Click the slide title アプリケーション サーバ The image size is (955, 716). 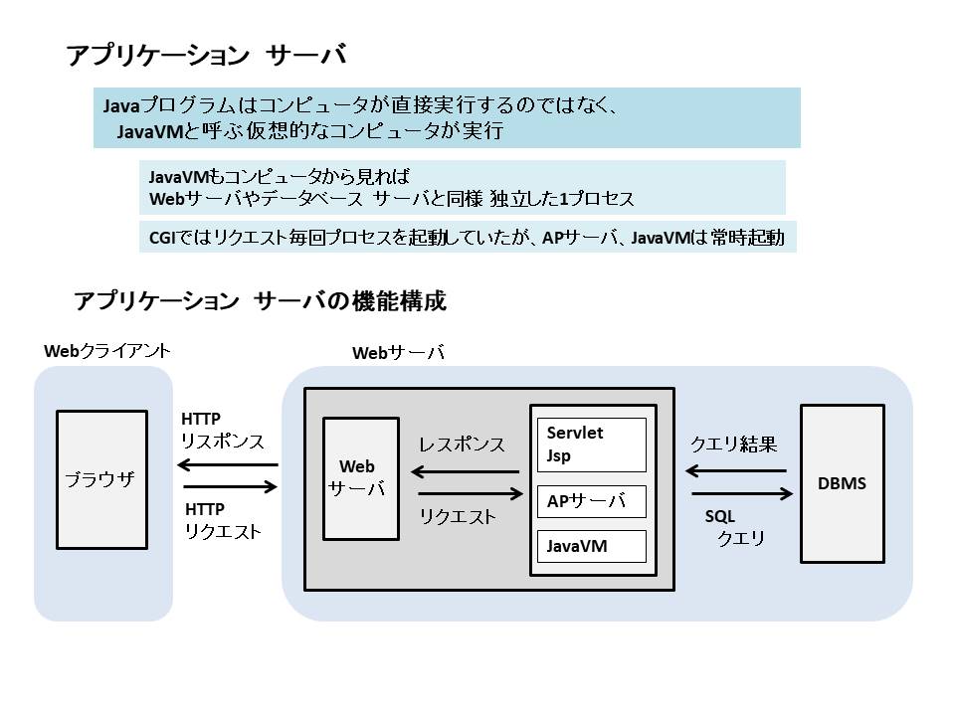[x=206, y=56]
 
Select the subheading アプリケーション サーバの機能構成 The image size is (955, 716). [x=261, y=301]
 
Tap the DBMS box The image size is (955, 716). [x=843, y=484]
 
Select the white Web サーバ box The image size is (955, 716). [x=360, y=478]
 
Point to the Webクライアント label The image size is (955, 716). [x=107, y=351]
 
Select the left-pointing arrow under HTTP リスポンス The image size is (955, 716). [x=228, y=464]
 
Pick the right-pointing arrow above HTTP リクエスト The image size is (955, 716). [x=230, y=487]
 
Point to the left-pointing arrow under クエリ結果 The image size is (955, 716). [x=737, y=471]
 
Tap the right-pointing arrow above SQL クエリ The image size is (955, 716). [x=741, y=494]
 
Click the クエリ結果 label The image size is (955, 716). [x=733, y=445]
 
